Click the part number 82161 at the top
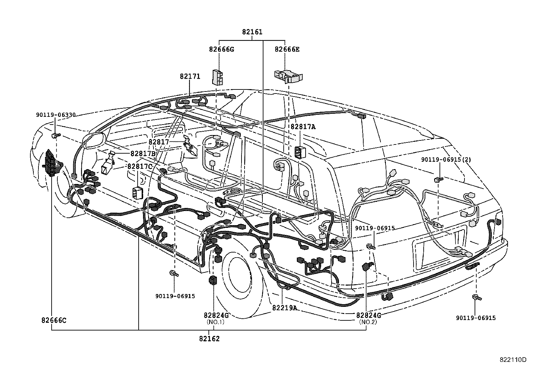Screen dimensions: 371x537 [252, 32]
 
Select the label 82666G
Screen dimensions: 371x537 [221, 49]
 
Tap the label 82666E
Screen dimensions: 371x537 [287, 49]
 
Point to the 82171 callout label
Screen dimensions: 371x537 [190, 77]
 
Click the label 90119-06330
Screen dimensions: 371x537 [55, 115]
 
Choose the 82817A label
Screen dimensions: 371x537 [303, 127]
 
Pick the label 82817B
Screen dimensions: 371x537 [143, 154]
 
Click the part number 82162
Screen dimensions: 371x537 [209, 339]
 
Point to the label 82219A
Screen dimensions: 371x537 [284, 308]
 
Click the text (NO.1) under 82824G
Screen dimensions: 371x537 [216, 322]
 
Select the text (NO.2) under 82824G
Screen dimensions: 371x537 [368, 322]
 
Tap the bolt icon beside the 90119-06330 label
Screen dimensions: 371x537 [55, 136]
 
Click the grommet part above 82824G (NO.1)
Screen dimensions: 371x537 [213, 280]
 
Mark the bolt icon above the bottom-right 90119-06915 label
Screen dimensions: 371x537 [477, 297]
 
